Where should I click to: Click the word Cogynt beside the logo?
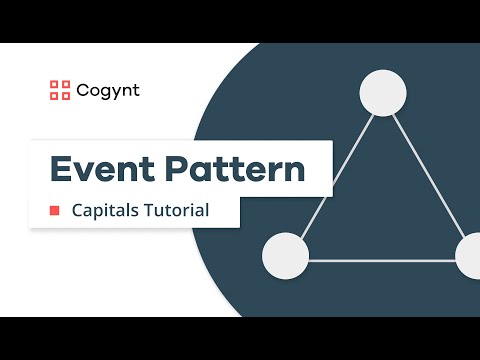coord(108,90)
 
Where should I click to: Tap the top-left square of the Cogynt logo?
coord(55,84)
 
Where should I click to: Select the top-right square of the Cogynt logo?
coord(66,84)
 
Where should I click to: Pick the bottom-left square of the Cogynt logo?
coord(55,96)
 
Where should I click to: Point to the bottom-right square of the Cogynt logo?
coord(66,96)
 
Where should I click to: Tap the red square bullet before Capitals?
coord(55,211)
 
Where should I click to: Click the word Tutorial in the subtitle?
coord(177,211)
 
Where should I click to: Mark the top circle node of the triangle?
coord(382,92)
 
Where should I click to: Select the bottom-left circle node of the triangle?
coord(285,256)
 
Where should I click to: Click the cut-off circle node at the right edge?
coord(469,256)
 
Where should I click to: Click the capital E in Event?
coord(61,168)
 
